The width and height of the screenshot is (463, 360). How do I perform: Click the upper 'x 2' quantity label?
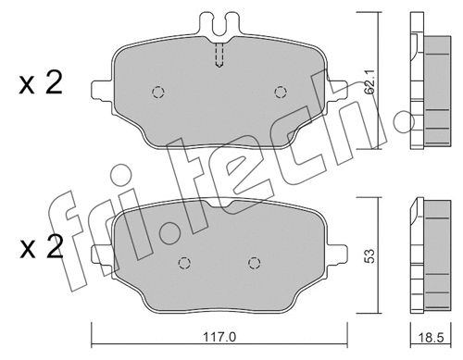click(x=40, y=83)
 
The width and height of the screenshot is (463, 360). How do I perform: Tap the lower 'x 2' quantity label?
click(x=40, y=249)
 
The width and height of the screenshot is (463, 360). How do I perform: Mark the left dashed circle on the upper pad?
click(x=157, y=92)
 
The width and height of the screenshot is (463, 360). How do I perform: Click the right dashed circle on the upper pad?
click(x=282, y=91)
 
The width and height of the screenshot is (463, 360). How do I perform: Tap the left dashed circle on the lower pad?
click(x=184, y=262)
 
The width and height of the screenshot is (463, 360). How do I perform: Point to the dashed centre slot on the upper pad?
click(x=219, y=56)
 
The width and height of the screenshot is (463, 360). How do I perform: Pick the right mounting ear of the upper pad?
click(x=339, y=89)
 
